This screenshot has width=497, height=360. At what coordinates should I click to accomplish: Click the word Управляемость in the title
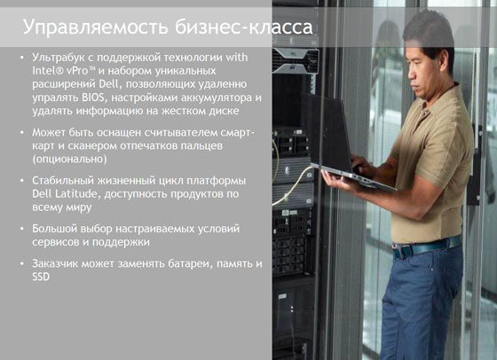pyautogui.click(x=96, y=27)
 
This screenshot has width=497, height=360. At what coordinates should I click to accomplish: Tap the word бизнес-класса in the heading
pyautogui.click(x=244, y=27)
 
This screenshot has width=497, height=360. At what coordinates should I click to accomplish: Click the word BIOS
pyautogui.click(x=93, y=98)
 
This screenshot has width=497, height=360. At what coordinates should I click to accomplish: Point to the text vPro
pyautogui.click(x=77, y=71)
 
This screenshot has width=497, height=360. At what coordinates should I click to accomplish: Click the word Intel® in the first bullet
pyautogui.click(x=48, y=71)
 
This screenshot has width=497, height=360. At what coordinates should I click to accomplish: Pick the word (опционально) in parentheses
pyautogui.click(x=70, y=159)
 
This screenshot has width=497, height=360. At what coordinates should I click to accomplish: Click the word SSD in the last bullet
pyautogui.click(x=41, y=277)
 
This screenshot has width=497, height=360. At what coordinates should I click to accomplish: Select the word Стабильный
pyautogui.click(x=63, y=181)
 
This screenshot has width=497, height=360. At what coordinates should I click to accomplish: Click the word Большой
pyautogui.click(x=54, y=228)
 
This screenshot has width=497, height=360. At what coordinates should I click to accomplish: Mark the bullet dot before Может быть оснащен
pyautogui.click(x=22, y=132)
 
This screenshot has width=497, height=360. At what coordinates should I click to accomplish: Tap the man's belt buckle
pyautogui.click(x=399, y=251)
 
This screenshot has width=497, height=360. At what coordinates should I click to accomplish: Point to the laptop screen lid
pyautogui.click(x=328, y=133)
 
